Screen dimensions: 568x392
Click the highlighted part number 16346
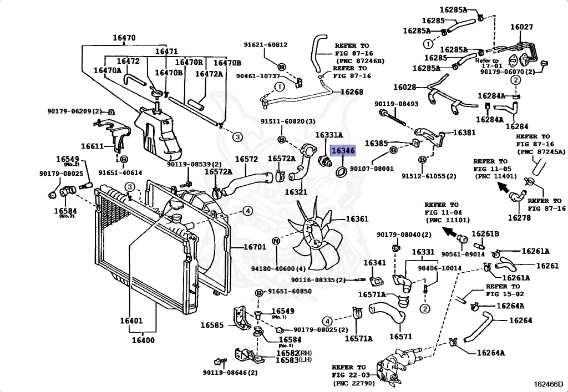pos(343,151)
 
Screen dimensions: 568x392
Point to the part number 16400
pos(143,340)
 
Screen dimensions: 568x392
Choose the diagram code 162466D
pos(549,383)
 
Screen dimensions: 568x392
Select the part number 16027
pos(521,27)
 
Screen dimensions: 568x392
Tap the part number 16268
pos(351,92)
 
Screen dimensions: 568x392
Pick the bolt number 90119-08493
pos(396,104)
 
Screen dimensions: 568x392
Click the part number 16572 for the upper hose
pos(246,159)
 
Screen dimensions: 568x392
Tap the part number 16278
pos(519,217)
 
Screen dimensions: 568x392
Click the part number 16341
pos(375,262)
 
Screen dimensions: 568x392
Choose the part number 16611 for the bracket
pos(93,146)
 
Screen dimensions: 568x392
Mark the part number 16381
pos(464,133)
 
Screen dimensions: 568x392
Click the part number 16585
pos(212,325)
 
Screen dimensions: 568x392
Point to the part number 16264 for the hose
pos(520,320)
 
